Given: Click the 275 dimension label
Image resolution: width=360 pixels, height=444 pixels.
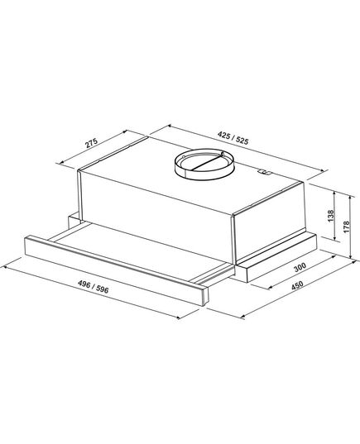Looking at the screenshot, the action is tap(92, 143).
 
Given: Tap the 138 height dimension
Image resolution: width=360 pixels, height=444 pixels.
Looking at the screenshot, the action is tap(331, 216).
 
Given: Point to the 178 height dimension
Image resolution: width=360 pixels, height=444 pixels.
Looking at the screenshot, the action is tap(347, 227).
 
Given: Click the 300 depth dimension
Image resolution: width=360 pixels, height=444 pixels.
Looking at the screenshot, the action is tap(300, 267).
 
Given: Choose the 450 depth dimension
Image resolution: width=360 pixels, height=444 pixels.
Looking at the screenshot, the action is tap(297, 285).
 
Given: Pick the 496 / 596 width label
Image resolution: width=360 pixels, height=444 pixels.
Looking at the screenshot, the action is tap(94, 287).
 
